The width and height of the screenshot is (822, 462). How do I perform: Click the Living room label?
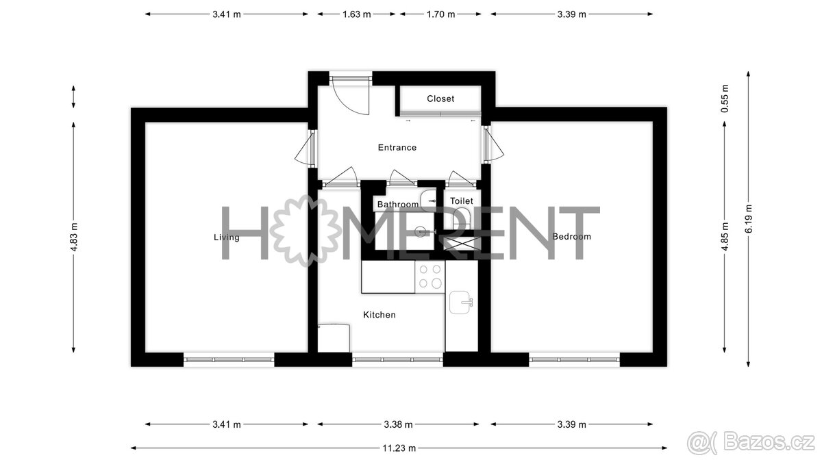click(x=227, y=238)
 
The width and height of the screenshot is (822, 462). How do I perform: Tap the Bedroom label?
click(x=571, y=237)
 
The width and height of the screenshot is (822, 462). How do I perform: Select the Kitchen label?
click(x=379, y=315)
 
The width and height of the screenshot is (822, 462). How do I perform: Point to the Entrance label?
click(x=397, y=147)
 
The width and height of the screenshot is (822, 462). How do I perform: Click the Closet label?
click(x=440, y=99)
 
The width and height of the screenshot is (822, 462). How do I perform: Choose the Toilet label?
click(x=461, y=201)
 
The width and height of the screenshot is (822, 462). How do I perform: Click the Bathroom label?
click(x=398, y=204)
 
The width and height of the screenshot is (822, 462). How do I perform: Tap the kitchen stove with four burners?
click(x=429, y=277)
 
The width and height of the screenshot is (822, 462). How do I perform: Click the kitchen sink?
click(x=461, y=303)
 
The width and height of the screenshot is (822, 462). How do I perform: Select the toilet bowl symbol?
click(x=462, y=218)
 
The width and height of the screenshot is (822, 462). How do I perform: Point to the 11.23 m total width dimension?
click(x=399, y=448)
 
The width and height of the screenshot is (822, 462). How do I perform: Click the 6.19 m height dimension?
click(x=748, y=219)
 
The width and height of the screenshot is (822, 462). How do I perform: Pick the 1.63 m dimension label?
click(x=356, y=14)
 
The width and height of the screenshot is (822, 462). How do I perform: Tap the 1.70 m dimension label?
click(x=440, y=14)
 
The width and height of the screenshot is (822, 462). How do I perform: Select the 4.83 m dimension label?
click(x=74, y=237)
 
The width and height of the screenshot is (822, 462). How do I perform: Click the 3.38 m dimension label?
click(x=398, y=424)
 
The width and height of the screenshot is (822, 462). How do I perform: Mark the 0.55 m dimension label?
click(x=725, y=99)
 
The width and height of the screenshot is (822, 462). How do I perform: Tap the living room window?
click(x=229, y=360)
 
